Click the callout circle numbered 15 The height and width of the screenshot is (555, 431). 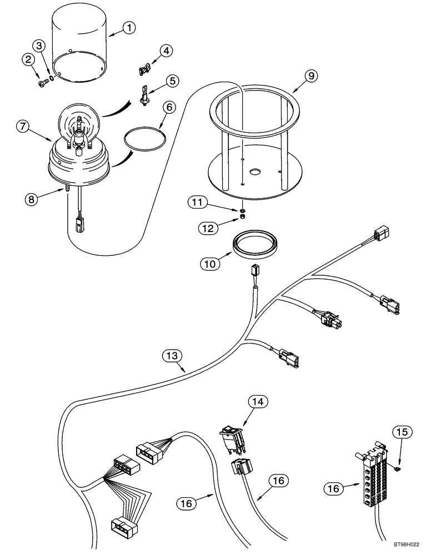pyautogui.click(x=402, y=431)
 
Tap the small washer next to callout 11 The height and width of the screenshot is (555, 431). pyautogui.click(x=243, y=210)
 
